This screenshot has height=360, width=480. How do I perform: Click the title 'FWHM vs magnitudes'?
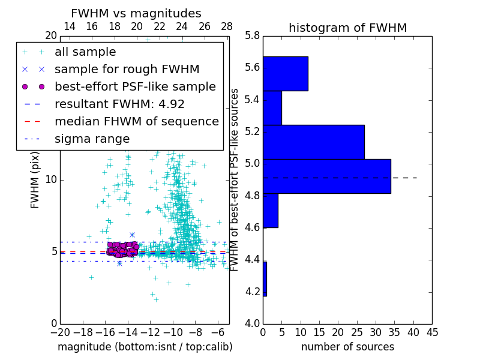pos(136,13)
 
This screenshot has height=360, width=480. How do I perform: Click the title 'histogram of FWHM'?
pos(347,28)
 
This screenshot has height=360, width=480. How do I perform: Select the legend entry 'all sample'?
pos(85,52)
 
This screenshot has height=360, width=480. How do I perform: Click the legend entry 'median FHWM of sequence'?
pos(136,121)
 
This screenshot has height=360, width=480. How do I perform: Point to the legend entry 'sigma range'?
pos(92,139)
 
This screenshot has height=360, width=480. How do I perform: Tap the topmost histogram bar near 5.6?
pos(285,73)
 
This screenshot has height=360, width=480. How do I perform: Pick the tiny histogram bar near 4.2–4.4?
pos(265,278)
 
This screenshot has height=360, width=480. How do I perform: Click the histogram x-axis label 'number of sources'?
pos(347,347)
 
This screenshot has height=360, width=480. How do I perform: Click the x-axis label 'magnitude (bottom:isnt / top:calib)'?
pos(145,347)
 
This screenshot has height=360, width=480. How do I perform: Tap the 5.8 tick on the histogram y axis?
pos(253,35)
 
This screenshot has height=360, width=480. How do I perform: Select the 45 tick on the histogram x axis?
pos(432,332)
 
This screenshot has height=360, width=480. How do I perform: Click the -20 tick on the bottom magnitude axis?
pos(59,332)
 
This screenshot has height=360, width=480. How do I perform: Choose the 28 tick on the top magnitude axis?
pos(227,26)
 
